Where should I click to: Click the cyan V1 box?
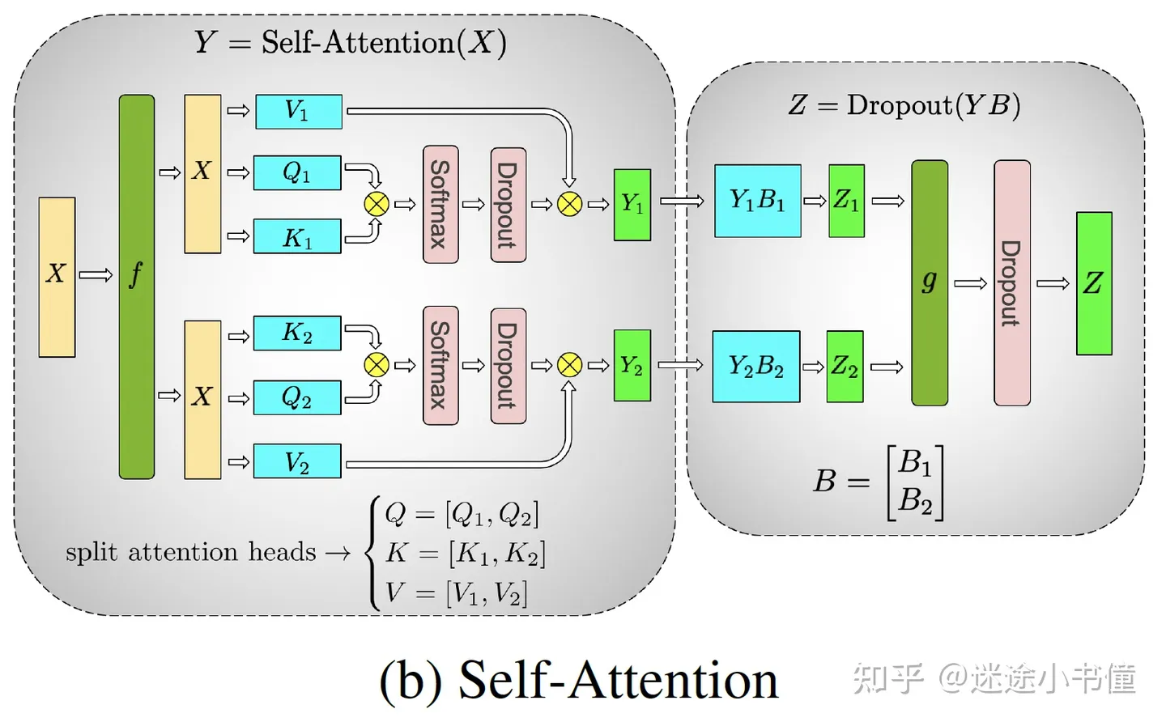[x=298, y=112]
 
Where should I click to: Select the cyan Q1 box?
[x=297, y=173]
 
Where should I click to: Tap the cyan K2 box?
[x=297, y=333]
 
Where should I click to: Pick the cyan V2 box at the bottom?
[x=297, y=461]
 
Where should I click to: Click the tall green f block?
[x=136, y=287]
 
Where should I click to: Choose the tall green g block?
[x=929, y=282]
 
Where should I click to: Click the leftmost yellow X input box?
[x=57, y=277]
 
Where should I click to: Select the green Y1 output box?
[x=632, y=205]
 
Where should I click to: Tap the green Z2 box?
[x=845, y=367]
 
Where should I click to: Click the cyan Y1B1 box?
[x=757, y=201]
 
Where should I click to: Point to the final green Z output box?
[x=1093, y=283]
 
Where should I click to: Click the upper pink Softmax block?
[x=440, y=204]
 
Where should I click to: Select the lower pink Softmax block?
[x=440, y=365]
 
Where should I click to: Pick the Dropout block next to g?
[x=1011, y=282]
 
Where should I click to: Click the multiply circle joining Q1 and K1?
[x=377, y=204]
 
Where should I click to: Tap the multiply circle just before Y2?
[x=569, y=365]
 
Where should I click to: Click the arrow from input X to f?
[x=96, y=276]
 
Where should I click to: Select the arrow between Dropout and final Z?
[x=1053, y=283]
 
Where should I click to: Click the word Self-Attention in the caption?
[x=617, y=680]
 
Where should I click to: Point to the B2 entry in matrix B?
[x=915, y=501]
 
